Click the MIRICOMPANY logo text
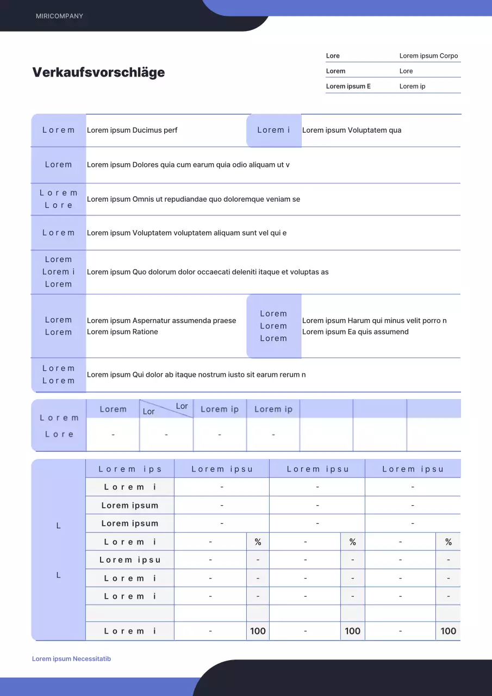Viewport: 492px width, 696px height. (59, 16)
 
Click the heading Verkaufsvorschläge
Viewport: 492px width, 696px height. (98, 72)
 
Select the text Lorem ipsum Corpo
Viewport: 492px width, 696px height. (428, 56)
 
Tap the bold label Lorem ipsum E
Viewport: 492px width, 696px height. (348, 86)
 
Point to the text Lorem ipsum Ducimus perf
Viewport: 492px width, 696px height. (132, 130)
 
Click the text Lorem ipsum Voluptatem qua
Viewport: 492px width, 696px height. (351, 130)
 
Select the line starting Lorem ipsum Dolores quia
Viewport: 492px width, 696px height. (188, 165)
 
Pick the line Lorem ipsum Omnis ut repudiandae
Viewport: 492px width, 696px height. (193, 199)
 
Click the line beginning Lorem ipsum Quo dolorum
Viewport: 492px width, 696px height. (208, 272)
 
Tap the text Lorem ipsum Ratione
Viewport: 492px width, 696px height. (122, 332)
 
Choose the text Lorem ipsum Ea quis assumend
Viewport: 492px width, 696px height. (355, 332)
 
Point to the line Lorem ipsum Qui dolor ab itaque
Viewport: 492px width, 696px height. (196, 375)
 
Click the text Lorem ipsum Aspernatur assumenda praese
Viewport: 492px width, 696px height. (161, 321)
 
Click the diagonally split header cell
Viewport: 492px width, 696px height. (166, 409)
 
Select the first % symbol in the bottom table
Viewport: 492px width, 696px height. (258, 542)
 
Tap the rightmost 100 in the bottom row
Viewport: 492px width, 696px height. (448, 631)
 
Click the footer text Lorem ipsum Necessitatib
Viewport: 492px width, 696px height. (71, 659)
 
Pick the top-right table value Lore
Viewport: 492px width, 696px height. (406, 71)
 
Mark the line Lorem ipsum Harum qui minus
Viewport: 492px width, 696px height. (374, 321)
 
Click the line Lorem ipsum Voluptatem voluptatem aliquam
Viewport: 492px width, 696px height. (186, 233)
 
